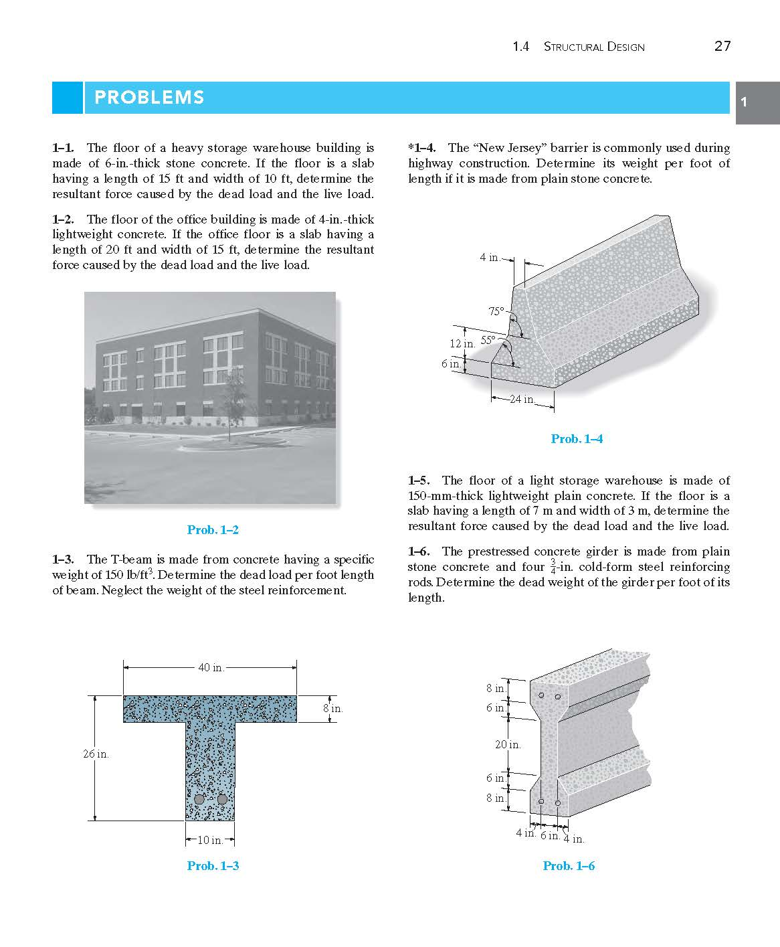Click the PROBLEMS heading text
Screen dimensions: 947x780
[149, 98]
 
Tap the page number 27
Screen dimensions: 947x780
[722, 46]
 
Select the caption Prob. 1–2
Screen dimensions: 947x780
[213, 530]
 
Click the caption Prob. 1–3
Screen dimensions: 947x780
[213, 866]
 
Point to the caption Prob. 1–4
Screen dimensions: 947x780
[577, 439]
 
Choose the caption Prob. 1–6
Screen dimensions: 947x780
[569, 866]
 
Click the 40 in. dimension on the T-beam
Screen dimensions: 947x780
[211, 667]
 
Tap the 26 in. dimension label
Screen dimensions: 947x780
[96, 754]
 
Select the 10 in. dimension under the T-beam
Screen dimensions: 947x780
[210, 840]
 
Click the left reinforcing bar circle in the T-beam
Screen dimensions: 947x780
[199, 800]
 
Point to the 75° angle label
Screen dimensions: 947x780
[496, 311]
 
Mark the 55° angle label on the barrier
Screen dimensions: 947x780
[488, 340]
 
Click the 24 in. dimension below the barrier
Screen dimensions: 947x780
[522, 400]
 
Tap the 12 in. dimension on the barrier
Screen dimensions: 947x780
[462, 343]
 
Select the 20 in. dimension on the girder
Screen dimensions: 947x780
[508, 744]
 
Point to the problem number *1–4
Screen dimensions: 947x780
[422, 148]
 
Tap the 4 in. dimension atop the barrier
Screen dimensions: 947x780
[489, 258]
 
